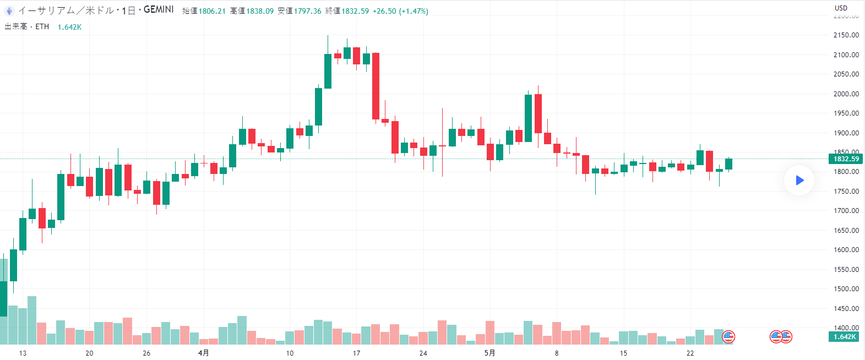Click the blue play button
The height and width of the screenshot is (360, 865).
[799, 180]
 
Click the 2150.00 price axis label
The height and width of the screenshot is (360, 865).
[846, 35]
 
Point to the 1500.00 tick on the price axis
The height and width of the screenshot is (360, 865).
[846, 289]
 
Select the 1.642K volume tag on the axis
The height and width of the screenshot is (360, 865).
[844, 337]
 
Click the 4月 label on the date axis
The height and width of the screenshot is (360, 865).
[204, 353]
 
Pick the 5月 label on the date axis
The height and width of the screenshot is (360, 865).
[489, 353]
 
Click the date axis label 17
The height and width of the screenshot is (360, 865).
[356, 353]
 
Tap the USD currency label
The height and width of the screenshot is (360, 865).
[841, 8]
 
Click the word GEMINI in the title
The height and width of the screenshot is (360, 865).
[159, 10]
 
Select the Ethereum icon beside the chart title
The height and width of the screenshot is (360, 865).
[9, 10]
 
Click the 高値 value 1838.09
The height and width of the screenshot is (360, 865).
[260, 11]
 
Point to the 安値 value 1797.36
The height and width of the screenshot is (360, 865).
[307, 11]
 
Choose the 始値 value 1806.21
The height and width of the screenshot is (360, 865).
[212, 11]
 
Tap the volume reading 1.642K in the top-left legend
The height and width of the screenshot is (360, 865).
[69, 27]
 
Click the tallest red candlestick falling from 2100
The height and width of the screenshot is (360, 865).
[376, 86]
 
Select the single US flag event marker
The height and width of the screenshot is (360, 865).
[728, 336]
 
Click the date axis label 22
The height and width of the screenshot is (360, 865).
[690, 353]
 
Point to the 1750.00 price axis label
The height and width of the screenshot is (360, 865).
[846, 192]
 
